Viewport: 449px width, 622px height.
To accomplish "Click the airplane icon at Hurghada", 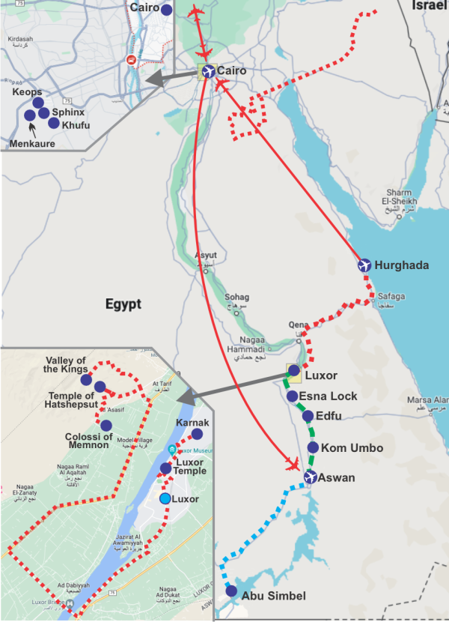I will [x=364, y=265].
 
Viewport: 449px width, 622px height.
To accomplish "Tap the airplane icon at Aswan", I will [x=310, y=477].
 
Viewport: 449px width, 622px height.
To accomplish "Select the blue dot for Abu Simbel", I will [x=232, y=591].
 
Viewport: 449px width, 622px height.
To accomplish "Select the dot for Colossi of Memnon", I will [x=106, y=426].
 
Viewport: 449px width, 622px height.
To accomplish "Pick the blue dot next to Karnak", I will [x=197, y=434].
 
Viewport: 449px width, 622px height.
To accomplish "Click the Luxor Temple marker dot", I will [x=165, y=468].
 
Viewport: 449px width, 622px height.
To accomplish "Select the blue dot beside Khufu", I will [x=53, y=122].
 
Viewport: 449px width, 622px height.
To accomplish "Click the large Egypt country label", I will [x=123, y=304].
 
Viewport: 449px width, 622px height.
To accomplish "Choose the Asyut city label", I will [x=206, y=255].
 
